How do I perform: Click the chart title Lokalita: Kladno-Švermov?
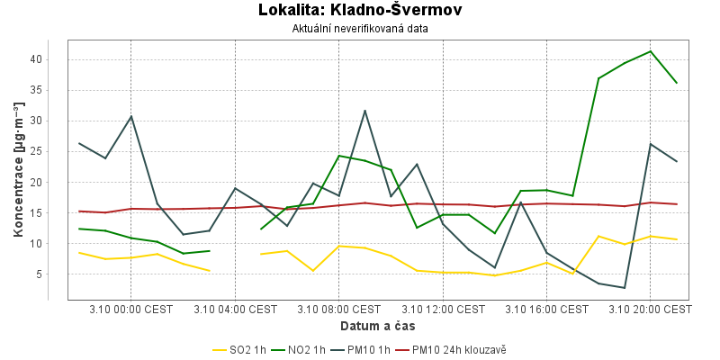[360, 11]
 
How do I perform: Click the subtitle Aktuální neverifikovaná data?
[360, 29]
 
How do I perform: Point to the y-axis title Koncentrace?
[18, 171]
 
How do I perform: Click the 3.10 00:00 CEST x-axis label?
[130, 309]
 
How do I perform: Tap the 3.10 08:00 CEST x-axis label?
[338, 309]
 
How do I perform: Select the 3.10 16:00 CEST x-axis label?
[546, 309]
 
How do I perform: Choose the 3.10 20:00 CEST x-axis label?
[650, 309]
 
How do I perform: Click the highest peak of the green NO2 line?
[650, 51]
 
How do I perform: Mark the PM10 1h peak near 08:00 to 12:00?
[364, 111]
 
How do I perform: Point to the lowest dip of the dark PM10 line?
[624, 288]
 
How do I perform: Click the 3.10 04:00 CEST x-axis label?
[235, 309]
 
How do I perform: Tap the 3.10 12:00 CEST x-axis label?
[442, 309]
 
